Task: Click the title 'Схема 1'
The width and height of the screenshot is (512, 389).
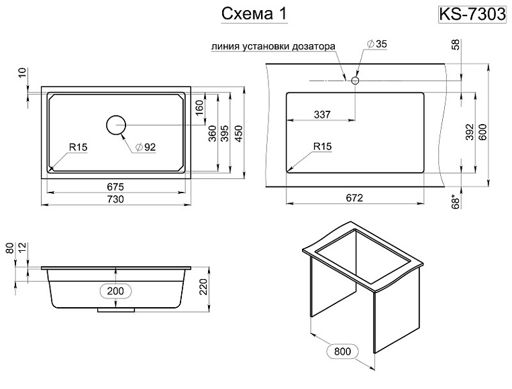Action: pyautogui.click(x=254, y=14)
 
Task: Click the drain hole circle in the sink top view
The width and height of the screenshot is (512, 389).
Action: pyautogui.click(x=116, y=125)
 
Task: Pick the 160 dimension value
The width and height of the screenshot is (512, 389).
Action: pyautogui.click(x=199, y=108)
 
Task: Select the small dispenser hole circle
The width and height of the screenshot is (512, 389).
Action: pyautogui.click(x=355, y=80)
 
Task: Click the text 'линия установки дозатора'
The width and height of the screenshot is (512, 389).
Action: pyautogui.click(x=271, y=47)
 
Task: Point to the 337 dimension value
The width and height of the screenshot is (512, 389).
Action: pyautogui.click(x=322, y=115)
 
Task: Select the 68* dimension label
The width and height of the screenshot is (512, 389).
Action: pyautogui.click(x=455, y=200)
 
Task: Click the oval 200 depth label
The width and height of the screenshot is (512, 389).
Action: pyautogui.click(x=116, y=290)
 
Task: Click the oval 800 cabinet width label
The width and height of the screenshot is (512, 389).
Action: pyautogui.click(x=341, y=350)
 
